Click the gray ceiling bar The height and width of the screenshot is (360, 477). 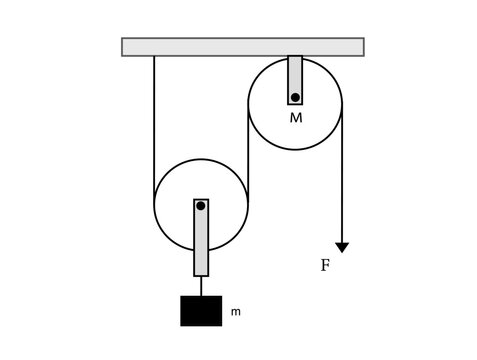pos(242,47)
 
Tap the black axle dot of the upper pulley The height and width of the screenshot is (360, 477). pos(295,97)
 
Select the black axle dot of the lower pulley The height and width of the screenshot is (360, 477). pos(201,206)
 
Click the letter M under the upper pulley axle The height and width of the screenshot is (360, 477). pos(296,118)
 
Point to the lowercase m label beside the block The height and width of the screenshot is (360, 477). pos(236,312)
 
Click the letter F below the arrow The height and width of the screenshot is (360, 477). pos(325,267)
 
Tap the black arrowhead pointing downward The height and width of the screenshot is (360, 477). pos(342,246)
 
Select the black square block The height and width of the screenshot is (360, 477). pos(201,310)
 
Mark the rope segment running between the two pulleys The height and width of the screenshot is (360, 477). pos(248,150)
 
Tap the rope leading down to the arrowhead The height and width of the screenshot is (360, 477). pos(342,180)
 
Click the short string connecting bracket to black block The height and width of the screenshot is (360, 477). pos(201,285)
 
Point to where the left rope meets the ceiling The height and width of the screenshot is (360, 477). pos(154,57)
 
